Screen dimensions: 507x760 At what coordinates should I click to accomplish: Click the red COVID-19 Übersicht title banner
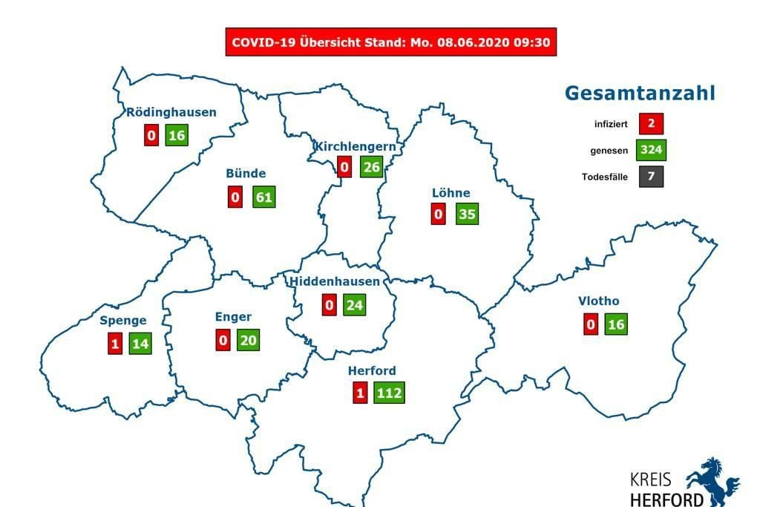pyautogui.click(x=390, y=42)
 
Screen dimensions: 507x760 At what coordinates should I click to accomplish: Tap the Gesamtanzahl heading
pyautogui.click(x=640, y=93)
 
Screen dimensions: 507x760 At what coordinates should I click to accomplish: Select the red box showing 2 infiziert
pyautogui.click(x=650, y=123)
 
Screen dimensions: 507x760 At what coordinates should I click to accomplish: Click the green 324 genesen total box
pyautogui.click(x=650, y=150)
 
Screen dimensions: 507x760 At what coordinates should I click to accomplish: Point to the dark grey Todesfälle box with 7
pyautogui.click(x=650, y=177)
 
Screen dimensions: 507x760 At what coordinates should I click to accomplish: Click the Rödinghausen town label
pyautogui.click(x=171, y=112)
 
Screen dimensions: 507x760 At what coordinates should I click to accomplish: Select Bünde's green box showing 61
pyautogui.click(x=263, y=197)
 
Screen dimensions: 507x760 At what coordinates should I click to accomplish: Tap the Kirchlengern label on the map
pyautogui.click(x=355, y=146)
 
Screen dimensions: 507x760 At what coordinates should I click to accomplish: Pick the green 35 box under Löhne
pyautogui.click(x=467, y=215)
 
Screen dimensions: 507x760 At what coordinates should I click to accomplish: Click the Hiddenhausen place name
pyautogui.click(x=335, y=281)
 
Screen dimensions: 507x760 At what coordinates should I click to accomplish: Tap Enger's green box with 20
pyautogui.click(x=248, y=339)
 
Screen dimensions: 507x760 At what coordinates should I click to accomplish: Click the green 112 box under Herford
pyautogui.click(x=389, y=393)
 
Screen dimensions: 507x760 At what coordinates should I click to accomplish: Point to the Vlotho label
pyautogui.click(x=598, y=301)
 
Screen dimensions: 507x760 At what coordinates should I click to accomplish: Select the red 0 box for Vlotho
pyautogui.click(x=591, y=324)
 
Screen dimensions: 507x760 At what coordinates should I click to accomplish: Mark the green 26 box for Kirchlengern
pyautogui.click(x=371, y=167)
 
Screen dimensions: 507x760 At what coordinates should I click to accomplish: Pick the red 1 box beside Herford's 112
pyautogui.click(x=360, y=393)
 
